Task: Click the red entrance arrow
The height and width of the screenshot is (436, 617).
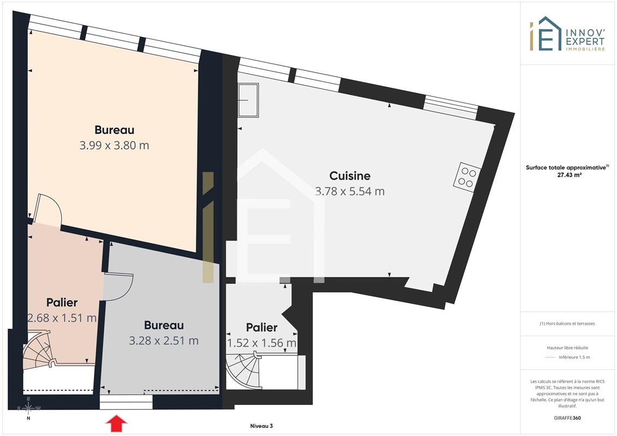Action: [x=117, y=424]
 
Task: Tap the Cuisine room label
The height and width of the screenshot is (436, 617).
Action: [x=350, y=175]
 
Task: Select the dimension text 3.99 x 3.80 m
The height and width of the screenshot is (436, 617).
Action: [x=114, y=146]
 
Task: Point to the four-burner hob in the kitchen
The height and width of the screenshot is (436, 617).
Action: [x=466, y=177]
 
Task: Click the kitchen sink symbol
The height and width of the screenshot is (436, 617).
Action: [x=248, y=100]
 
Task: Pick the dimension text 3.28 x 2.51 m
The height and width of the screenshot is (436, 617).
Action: [x=164, y=341]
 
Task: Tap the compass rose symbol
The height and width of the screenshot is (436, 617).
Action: [x=28, y=409]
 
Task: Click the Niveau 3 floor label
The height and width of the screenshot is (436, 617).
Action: [x=262, y=426]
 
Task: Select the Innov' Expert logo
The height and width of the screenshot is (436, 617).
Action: [x=567, y=34]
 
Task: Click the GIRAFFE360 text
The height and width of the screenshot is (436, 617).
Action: [x=567, y=418]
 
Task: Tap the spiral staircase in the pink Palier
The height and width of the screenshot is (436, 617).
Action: [x=38, y=351]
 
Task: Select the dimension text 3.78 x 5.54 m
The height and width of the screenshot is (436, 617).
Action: [x=350, y=191]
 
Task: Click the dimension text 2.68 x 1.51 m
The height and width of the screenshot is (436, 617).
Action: [x=62, y=318]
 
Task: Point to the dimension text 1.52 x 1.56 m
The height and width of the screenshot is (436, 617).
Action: [x=262, y=343]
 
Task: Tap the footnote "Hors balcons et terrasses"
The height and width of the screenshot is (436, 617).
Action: [x=567, y=324]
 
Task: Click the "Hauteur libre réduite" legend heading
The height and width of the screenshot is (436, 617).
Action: [x=567, y=348]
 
